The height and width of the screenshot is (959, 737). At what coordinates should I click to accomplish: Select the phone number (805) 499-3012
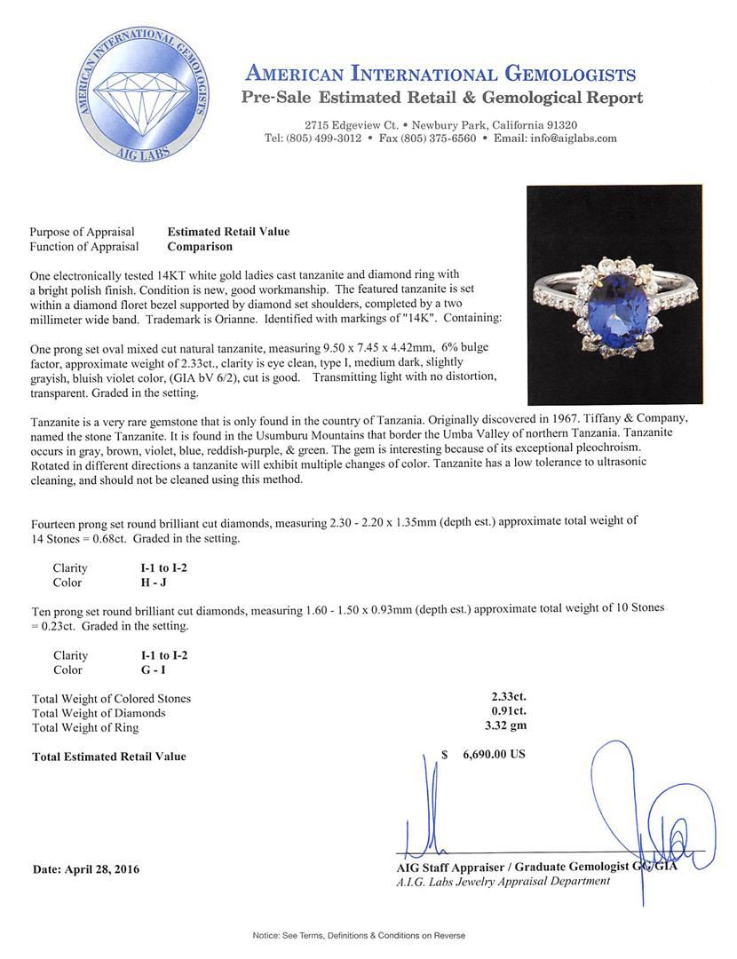click(324, 139)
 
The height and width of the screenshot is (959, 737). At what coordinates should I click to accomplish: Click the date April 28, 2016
click(86, 869)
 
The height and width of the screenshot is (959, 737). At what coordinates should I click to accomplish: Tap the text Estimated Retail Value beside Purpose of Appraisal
click(228, 232)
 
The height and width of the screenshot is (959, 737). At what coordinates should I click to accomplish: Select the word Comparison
click(200, 247)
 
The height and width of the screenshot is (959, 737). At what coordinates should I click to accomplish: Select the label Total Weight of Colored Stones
click(111, 699)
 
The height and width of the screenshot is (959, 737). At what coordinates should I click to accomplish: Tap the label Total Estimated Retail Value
click(109, 757)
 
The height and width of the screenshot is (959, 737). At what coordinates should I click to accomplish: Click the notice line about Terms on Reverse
click(359, 935)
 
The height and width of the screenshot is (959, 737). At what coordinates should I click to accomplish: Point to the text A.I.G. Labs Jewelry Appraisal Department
click(503, 881)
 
